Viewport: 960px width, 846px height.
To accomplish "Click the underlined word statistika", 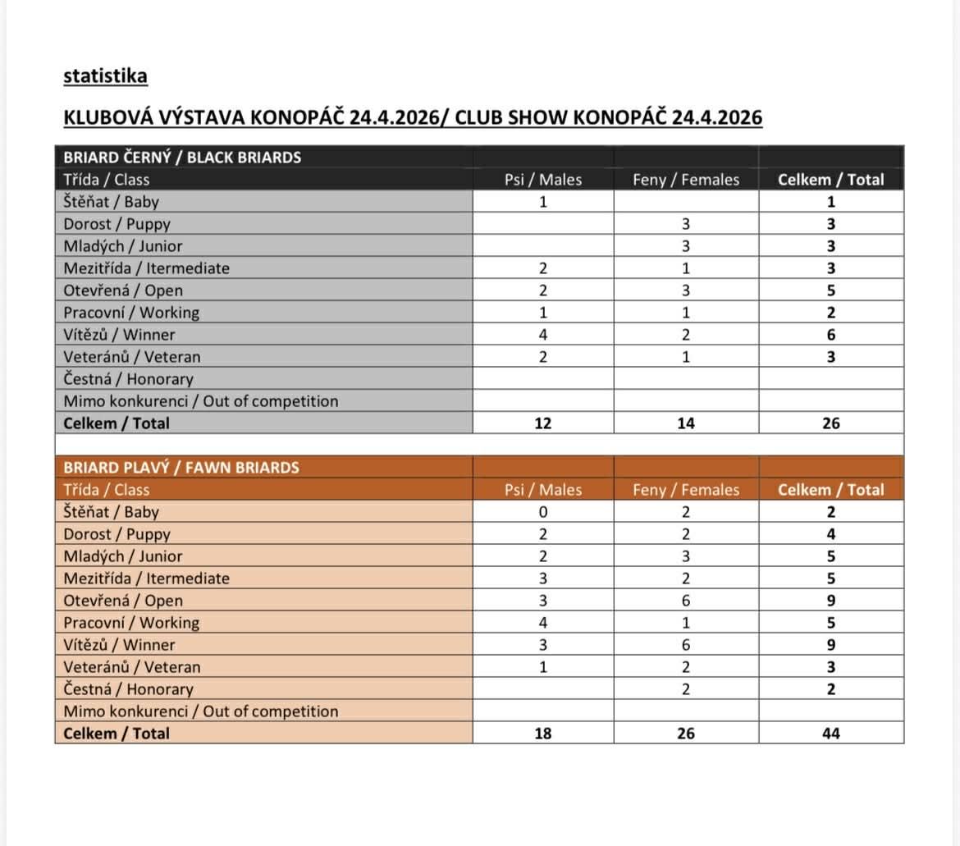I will coord(105,76).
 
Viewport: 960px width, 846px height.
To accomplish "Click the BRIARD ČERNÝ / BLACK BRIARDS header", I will coord(182,158).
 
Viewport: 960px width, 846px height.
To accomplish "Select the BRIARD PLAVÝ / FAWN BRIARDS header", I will coord(181,468).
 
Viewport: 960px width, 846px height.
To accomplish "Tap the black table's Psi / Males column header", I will coord(543,180).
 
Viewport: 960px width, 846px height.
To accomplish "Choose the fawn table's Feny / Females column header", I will coord(686,490).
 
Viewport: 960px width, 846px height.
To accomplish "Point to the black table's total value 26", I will coord(831,423).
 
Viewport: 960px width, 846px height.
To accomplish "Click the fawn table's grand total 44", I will coord(831,734).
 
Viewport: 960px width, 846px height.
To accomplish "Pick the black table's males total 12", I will coord(542,423).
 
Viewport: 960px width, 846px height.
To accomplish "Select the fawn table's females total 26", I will coord(686,734).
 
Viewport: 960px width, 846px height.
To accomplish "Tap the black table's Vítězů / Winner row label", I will coord(119,335).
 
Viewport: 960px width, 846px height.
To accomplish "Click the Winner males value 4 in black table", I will coord(542,335).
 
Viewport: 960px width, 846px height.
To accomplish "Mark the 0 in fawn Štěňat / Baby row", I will coord(542,512).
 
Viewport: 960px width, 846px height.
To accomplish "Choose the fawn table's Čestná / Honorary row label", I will coord(128,689).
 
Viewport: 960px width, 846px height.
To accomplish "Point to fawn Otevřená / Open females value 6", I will coord(686,601).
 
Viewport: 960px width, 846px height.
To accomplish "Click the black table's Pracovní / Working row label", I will coord(131,313).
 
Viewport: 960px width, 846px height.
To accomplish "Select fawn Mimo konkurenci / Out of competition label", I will coord(200,711).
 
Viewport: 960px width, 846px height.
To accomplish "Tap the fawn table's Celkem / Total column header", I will coord(831,490).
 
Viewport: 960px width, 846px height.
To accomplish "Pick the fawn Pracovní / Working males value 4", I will coord(542,623).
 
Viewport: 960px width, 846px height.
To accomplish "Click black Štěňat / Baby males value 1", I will coord(542,202).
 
